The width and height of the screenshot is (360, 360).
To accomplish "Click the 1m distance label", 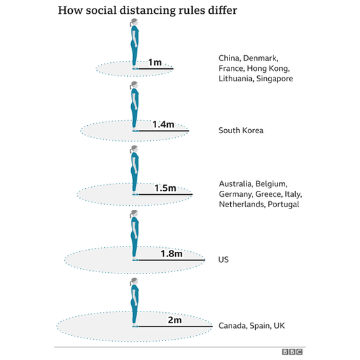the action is point(155,62).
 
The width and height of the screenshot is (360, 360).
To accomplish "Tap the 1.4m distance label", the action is point(163,125).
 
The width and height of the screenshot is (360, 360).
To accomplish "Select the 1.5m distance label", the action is point(165,188).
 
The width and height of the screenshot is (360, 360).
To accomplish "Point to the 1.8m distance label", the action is point(172,254).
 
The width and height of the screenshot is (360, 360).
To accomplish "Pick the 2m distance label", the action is point(174,320).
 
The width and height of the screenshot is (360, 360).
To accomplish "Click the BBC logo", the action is point(292,351).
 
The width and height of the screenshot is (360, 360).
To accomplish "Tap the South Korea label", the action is point(241,130).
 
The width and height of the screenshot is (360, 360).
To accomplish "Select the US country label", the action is point(224,260).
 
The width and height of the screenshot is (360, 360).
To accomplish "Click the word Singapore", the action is point(274,79).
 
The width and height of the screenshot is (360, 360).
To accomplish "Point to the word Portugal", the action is point(283,205).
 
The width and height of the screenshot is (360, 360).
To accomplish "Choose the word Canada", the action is point(233,326).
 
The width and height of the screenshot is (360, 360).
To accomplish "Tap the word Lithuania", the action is point(236,79).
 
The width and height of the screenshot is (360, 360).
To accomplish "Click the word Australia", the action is point(236,184).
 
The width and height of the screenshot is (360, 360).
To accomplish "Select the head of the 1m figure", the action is point(134,22).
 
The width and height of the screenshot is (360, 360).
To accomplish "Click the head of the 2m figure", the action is point(134,281).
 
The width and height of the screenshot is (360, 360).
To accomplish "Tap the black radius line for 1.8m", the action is point(172,260).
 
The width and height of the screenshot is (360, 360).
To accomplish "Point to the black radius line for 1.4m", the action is point(164,131).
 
